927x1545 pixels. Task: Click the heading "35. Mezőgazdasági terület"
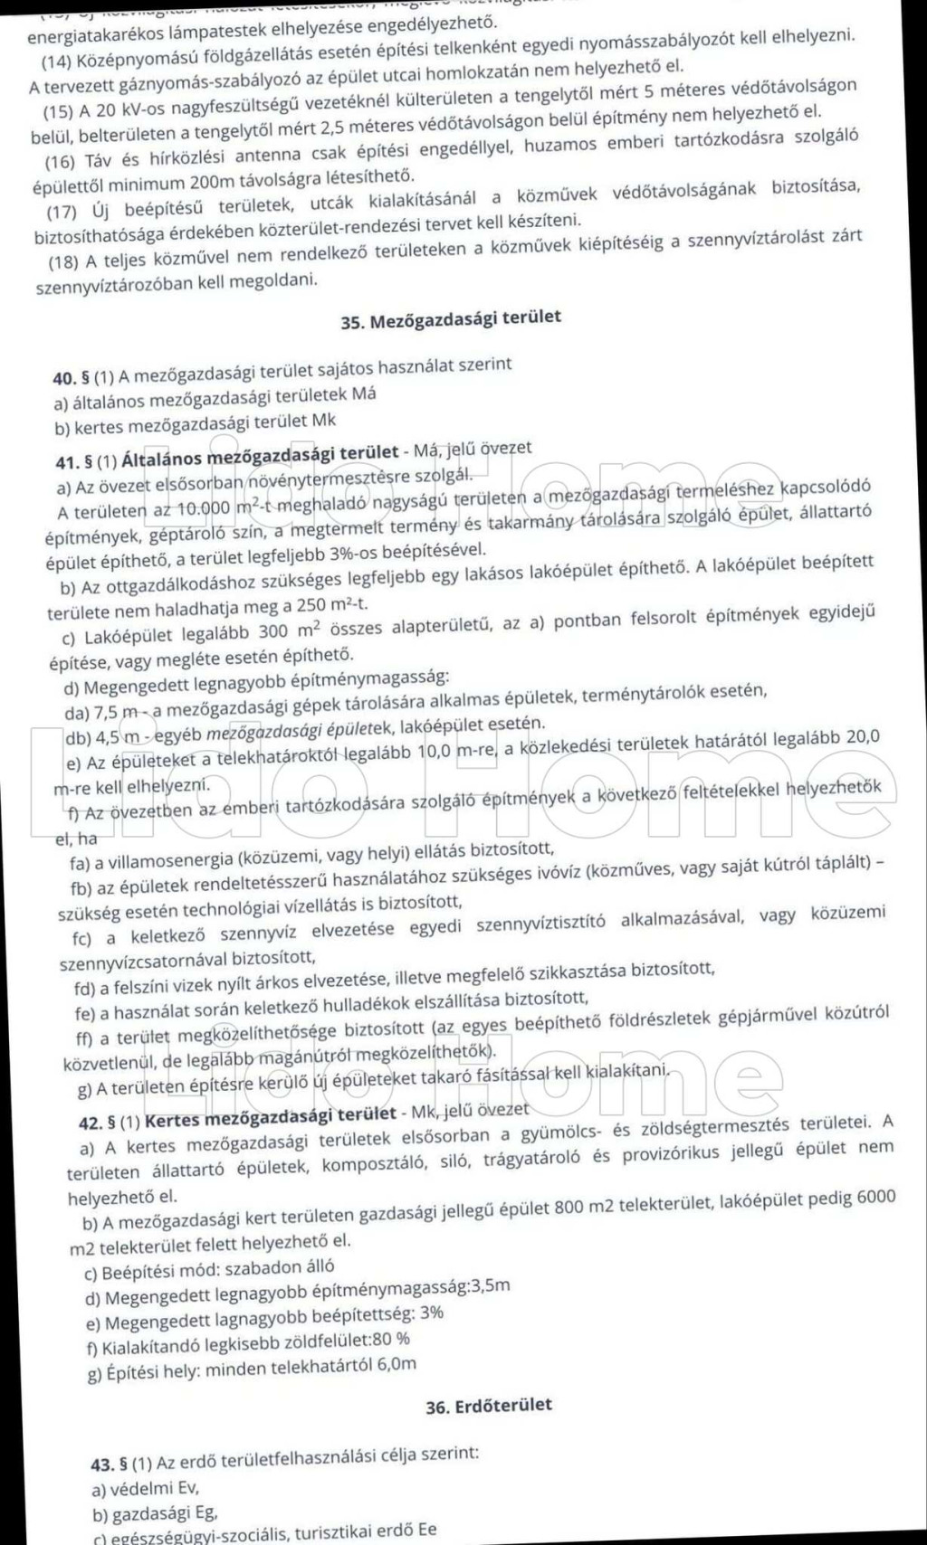(451, 318)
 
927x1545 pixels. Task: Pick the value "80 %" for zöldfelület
(390, 1340)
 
